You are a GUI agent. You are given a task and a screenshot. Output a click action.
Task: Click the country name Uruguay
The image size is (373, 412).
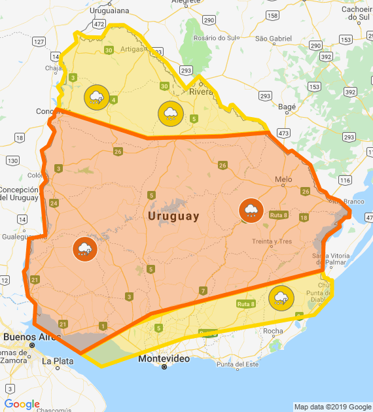click(173, 216)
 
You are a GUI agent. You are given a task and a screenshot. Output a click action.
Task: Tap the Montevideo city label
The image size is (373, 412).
click(164, 359)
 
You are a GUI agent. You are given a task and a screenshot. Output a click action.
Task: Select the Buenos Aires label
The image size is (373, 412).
click(28, 337)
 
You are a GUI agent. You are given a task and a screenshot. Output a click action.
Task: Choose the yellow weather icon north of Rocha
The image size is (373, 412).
click(281, 298)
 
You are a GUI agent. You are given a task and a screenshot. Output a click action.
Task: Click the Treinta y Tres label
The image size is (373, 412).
click(272, 241)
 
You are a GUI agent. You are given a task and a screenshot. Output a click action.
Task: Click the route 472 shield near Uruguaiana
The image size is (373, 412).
click(99, 24)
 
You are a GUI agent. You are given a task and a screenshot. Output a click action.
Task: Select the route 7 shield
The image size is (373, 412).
click(203, 290)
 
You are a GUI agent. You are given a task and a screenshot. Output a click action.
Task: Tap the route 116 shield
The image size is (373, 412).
click(345, 179)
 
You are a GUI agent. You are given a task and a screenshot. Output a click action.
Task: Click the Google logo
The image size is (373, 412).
click(22, 404)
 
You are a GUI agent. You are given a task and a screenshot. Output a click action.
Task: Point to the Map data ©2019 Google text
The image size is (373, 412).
click(332, 407)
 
